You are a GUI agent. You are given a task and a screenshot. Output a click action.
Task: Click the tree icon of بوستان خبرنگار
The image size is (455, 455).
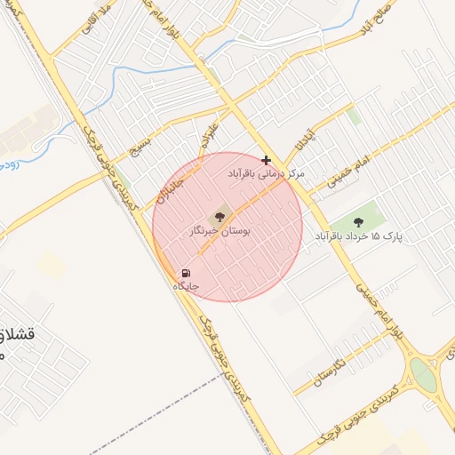point(217,216)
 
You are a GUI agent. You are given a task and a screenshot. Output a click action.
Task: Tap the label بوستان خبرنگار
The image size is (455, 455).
point(220,231)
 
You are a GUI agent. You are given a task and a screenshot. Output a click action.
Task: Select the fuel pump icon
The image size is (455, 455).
point(185,273)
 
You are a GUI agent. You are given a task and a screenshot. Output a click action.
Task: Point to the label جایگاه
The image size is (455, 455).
point(185,287)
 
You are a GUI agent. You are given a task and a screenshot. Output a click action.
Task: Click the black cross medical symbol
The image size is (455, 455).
point(267,159)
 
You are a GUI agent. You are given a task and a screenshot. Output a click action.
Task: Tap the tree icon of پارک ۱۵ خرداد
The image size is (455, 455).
point(358,222)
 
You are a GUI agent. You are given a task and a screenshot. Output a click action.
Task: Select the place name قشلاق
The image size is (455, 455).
point(17,336)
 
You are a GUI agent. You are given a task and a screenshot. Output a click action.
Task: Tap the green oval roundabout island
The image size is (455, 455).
point(423,374)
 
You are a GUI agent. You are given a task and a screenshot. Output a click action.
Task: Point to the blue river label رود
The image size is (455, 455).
point(6,164)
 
